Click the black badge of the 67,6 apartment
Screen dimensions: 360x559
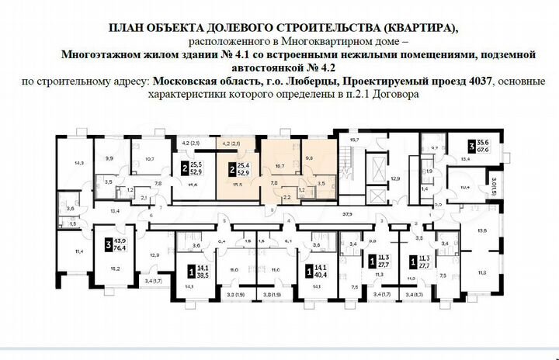click(470, 146)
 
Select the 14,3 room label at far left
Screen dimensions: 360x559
click(78, 163)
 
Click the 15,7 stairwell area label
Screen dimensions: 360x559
click(356, 140)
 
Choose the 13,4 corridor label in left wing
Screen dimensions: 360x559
click(116, 210)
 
